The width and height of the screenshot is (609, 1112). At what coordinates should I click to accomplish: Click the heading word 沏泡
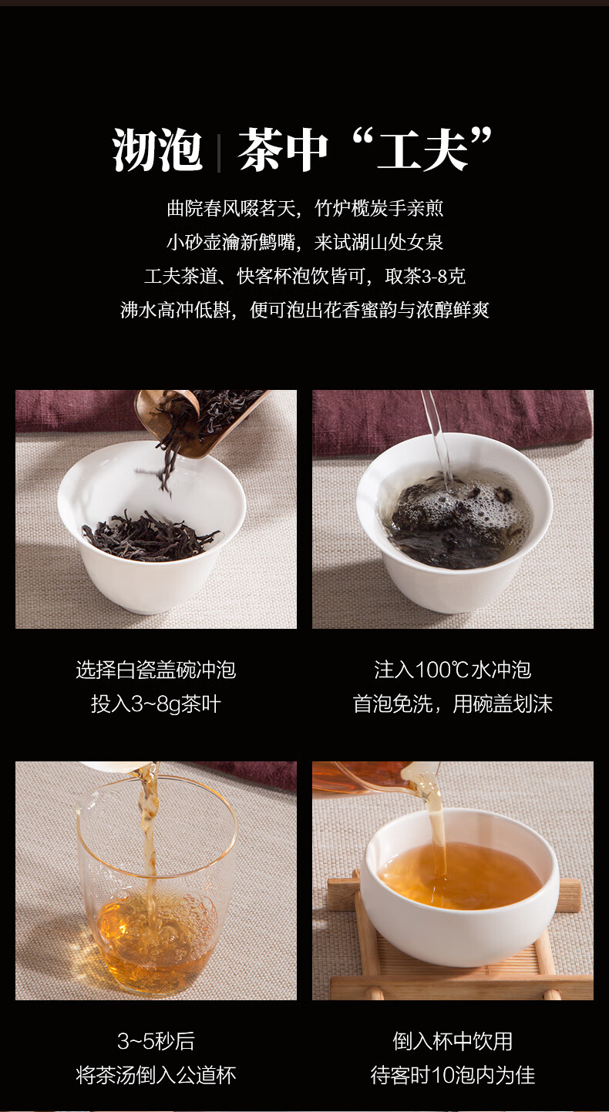click(x=157, y=149)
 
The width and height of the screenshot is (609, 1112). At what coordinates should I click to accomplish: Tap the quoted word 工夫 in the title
click(x=422, y=149)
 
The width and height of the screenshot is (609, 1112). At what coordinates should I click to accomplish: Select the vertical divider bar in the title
click(x=219, y=151)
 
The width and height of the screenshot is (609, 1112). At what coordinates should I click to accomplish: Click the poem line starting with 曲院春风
click(x=304, y=209)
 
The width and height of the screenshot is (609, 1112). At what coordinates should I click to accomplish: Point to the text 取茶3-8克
click(x=426, y=277)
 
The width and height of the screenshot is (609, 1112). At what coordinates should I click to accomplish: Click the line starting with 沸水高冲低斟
click(x=304, y=311)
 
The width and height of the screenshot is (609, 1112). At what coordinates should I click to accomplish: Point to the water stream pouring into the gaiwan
click(x=438, y=437)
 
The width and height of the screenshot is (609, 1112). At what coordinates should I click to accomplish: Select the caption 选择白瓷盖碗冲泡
click(x=156, y=670)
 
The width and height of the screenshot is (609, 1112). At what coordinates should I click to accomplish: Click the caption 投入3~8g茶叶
click(x=156, y=704)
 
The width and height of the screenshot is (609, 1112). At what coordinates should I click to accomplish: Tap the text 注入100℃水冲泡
click(x=453, y=670)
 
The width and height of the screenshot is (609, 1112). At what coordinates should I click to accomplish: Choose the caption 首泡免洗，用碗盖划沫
click(x=453, y=704)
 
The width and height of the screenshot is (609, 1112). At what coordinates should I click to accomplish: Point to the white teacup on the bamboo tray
click(x=459, y=889)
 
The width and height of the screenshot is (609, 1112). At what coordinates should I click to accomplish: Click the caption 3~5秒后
click(x=156, y=1042)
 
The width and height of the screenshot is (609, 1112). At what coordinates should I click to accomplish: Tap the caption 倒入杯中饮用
click(x=453, y=1042)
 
